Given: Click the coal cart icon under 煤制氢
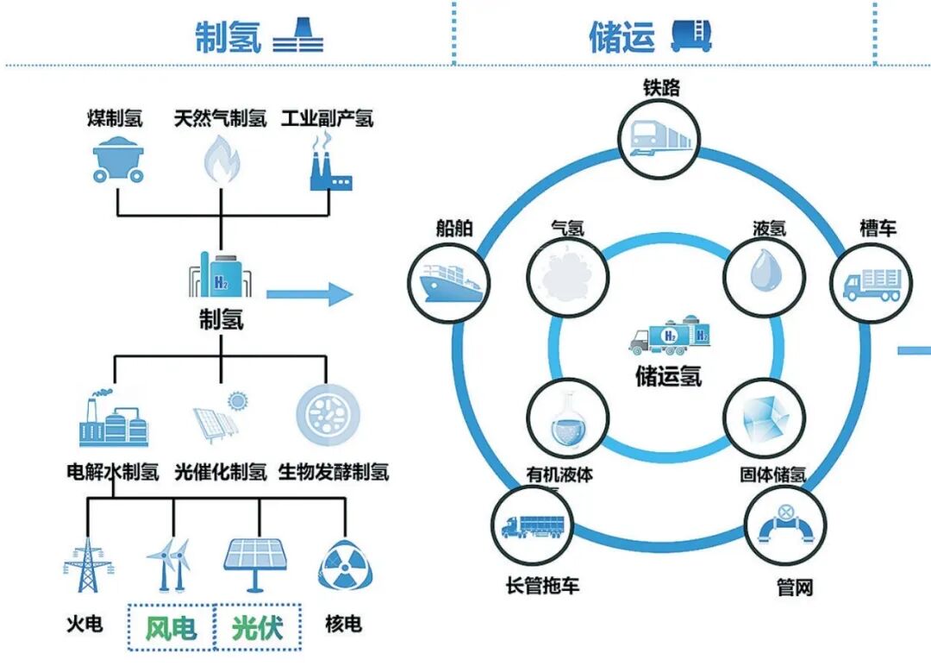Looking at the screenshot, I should tap(118, 158).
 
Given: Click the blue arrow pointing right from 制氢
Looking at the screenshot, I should tap(309, 295).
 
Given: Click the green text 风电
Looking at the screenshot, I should tap(171, 628).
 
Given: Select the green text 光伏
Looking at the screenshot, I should tap(258, 628).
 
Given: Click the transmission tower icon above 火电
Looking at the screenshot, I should tap(88, 566).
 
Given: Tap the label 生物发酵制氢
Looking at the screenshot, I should tap(334, 472).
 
